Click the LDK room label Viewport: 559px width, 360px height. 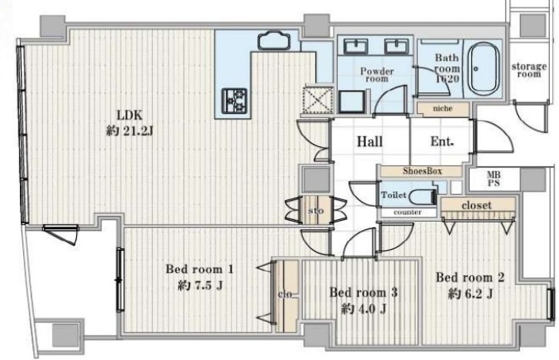[x=130, y=115]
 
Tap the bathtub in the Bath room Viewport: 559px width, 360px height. [x=484, y=68]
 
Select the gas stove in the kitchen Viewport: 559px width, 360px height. [x=235, y=101]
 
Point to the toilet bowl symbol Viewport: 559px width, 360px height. [x=423, y=196]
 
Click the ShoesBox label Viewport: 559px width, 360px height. [x=422, y=171]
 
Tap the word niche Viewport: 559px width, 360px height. [x=442, y=108]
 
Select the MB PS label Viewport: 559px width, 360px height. [x=494, y=179]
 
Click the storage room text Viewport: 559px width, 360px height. [x=529, y=70]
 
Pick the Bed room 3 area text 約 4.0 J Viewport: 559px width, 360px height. [x=364, y=308]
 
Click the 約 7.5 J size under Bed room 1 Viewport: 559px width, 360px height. [x=201, y=285]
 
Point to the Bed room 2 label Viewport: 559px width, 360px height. [x=470, y=277]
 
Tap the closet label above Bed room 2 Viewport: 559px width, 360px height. [x=477, y=205]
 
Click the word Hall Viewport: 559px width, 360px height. [x=370, y=142]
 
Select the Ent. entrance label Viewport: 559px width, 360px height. [x=442, y=142]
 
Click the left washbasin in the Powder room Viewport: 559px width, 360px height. [x=355, y=46]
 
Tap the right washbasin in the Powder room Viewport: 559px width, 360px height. [x=397, y=46]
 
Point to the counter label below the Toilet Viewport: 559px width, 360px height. [x=408, y=212]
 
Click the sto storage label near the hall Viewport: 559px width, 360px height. [x=316, y=211]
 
